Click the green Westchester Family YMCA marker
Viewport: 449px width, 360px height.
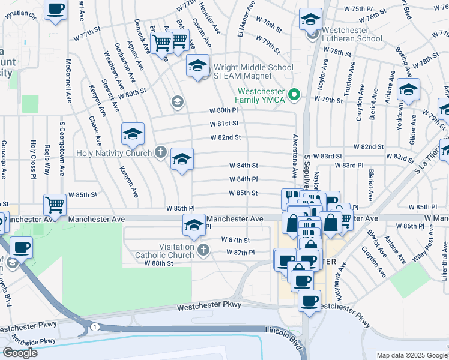coord(294,94)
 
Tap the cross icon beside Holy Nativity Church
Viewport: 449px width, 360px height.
coord(160,152)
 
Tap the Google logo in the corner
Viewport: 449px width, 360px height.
coord(20,352)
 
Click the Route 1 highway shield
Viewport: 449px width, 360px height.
coord(95,326)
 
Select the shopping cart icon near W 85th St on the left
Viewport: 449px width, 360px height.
coord(55,205)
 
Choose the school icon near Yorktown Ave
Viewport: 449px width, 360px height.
coord(408,90)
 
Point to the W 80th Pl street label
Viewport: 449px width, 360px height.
coord(224,110)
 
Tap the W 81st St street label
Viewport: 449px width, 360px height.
coord(224,124)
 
